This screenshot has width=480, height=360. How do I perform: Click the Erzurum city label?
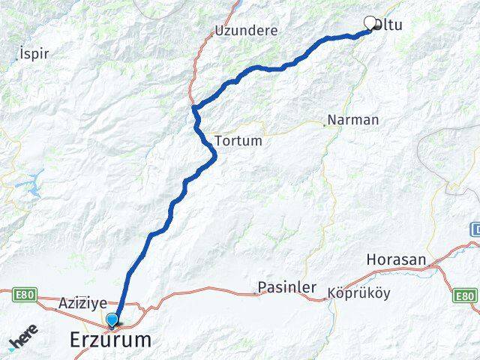point(110,340)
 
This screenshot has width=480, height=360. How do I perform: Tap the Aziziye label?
point(82,304)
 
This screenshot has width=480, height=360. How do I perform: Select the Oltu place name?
point(388,25)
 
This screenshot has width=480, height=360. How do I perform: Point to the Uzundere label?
point(246,31)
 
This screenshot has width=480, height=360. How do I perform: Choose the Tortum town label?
point(238,141)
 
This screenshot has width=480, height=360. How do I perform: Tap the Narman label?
point(354,120)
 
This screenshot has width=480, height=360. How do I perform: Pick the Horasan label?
point(397,260)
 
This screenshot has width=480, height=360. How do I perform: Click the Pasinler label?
point(287,288)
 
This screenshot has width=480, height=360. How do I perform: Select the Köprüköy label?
point(358,294)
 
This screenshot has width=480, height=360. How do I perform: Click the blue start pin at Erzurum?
point(112,320)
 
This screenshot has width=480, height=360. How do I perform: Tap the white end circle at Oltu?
point(369,22)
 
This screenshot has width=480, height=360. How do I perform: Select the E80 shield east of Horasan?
point(465,297)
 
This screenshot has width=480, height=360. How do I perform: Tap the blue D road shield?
point(475,228)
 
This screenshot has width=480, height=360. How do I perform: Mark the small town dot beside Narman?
point(324,124)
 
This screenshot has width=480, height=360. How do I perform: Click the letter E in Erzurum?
point(76,340)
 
